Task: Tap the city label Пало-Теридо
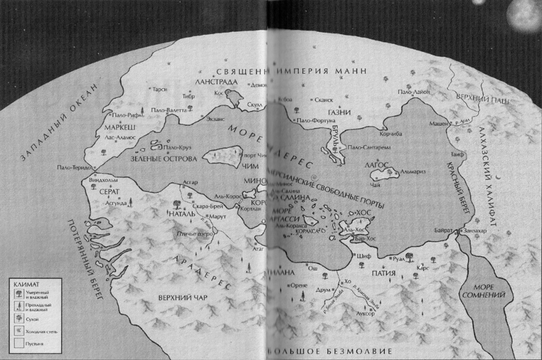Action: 73,167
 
